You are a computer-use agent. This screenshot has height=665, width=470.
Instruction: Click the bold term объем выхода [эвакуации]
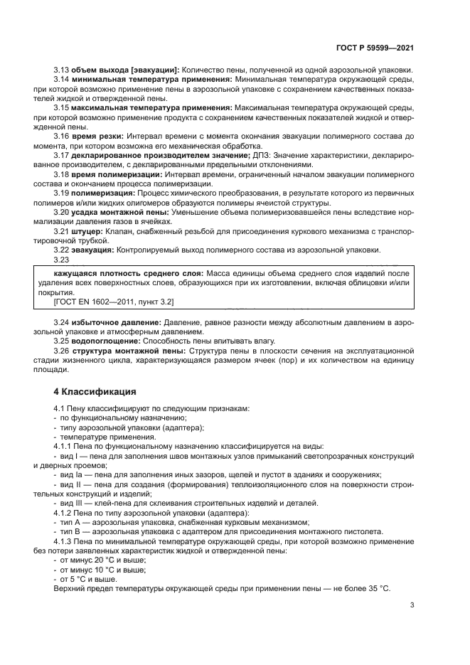pyautogui.click(x=124, y=69)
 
